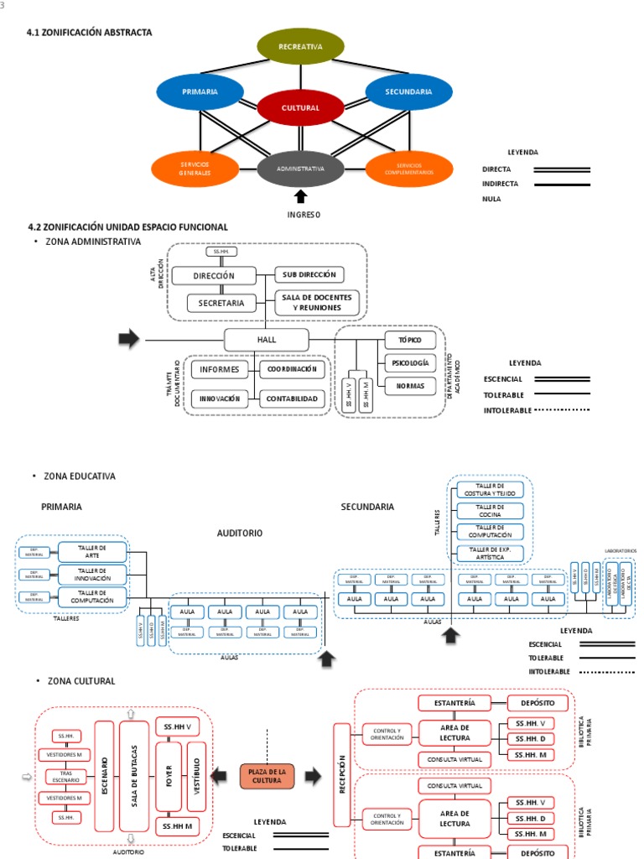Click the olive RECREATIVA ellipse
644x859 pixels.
tap(300, 46)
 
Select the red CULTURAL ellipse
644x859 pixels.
tap(300, 108)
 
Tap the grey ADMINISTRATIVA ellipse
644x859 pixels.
tap(300, 169)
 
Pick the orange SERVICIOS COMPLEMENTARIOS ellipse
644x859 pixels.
tap(408, 169)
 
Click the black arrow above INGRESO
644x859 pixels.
tap(300, 197)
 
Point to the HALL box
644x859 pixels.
tap(267, 340)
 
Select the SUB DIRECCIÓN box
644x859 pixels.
tap(309, 274)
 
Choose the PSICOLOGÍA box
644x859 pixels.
tap(410, 363)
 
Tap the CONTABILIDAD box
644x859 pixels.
tap(293, 399)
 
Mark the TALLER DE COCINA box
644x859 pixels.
tap(490, 511)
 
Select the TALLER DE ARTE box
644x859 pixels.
tap(92, 551)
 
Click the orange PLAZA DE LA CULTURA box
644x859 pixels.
tap(267, 777)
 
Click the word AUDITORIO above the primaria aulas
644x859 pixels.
tap(240, 533)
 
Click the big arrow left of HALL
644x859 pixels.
tap(128, 339)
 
